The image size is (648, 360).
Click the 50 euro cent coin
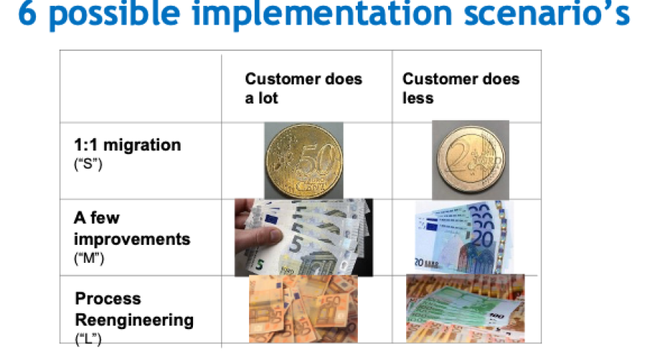(304, 161)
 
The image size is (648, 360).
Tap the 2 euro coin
(471, 161)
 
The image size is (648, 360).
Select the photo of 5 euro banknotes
(304, 238)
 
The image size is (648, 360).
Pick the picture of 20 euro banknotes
(464, 238)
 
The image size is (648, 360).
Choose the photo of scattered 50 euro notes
(303, 309)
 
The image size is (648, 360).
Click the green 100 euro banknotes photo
(465, 308)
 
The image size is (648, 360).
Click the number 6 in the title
(27, 13)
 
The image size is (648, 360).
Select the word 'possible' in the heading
(114, 15)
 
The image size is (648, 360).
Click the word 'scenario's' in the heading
(546, 13)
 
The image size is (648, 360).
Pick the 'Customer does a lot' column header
(303, 88)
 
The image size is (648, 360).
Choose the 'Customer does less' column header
(461, 88)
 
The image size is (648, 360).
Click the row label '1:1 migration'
(127, 145)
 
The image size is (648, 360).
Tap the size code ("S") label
(88, 164)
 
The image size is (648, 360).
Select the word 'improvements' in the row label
(132, 240)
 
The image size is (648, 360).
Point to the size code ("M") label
(89, 258)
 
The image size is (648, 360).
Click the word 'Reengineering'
(135, 320)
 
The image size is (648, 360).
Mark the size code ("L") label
(88, 339)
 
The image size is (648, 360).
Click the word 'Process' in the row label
(108, 298)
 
